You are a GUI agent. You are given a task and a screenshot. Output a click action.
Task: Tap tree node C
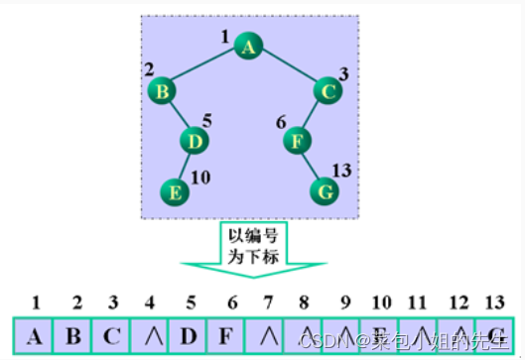click(x=328, y=91)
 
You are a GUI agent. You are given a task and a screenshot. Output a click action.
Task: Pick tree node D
click(x=196, y=142)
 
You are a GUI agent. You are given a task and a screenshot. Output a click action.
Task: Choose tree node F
click(x=297, y=142)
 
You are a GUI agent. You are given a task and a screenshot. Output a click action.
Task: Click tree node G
click(x=324, y=189)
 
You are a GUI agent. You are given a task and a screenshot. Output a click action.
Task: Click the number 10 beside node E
click(x=201, y=179)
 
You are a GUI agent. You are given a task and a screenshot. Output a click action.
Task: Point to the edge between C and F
click(x=313, y=116)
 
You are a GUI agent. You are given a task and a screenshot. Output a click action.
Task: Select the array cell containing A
click(x=35, y=334)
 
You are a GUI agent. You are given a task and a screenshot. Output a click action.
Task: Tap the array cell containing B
click(x=73, y=334)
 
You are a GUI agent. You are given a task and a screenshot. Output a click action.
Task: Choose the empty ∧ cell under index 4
click(x=149, y=334)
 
